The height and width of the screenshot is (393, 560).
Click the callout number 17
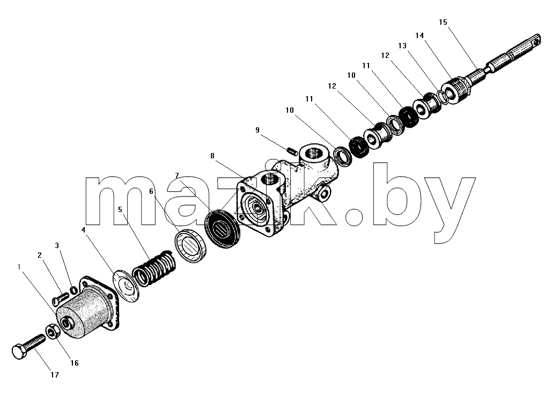pyautogui.click(x=54, y=375)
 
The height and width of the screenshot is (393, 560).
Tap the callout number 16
pyautogui.click(x=74, y=363)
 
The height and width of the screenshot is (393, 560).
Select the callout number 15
pyautogui.click(x=443, y=22)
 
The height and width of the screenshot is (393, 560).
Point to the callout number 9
pyautogui.click(x=257, y=130)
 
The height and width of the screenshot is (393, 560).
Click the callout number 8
pyautogui.click(x=212, y=156)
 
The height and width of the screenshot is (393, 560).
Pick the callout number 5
pyautogui.click(x=120, y=209)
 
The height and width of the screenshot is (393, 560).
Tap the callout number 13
pyautogui.click(x=402, y=46)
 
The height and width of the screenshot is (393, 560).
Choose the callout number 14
pyautogui.click(x=419, y=35)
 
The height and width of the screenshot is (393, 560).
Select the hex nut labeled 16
pyautogui.click(x=52, y=332)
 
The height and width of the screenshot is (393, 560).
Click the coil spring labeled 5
pyautogui.click(x=154, y=268)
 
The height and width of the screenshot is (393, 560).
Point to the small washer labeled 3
pyautogui.click(x=73, y=290)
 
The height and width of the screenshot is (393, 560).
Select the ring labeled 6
pyautogui.click(x=191, y=247)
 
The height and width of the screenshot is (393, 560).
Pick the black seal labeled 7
pyautogui.click(x=222, y=229)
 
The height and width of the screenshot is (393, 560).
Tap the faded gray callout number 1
pyautogui.click(x=19, y=266)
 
